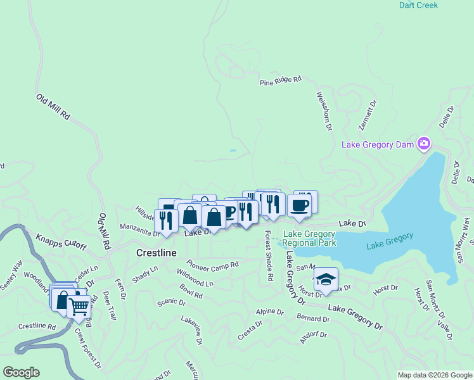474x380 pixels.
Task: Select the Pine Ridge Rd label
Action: [280, 81]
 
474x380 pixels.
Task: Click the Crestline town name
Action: [155, 251]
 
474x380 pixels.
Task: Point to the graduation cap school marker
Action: [326, 279]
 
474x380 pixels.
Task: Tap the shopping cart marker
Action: [79, 307]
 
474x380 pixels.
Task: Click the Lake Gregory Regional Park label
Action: [309, 238]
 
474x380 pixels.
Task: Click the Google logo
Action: [21, 372]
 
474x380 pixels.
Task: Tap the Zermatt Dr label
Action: [368, 115]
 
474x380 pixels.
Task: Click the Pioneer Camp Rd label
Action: [212, 263]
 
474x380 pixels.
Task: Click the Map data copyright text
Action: [434, 375]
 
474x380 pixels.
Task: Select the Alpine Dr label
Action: [269, 312]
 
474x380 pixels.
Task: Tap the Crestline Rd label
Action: [37, 327]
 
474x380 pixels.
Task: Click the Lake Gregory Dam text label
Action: [378, 144]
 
